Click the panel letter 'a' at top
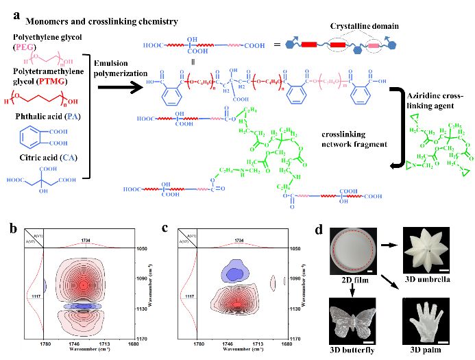pyautogui.click(x=8, y=8)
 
